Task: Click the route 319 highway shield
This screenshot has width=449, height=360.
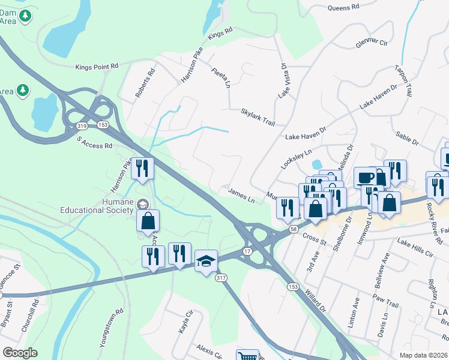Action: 82,125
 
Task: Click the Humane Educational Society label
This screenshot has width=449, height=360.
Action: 96,206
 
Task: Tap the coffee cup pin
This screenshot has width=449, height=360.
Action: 365,177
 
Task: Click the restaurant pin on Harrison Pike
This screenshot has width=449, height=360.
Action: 142,168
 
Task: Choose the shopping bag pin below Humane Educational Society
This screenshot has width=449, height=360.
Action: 148,220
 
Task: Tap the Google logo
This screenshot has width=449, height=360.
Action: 20,353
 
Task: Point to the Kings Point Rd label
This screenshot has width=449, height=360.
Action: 97,67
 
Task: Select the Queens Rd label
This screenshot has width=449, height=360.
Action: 343,7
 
